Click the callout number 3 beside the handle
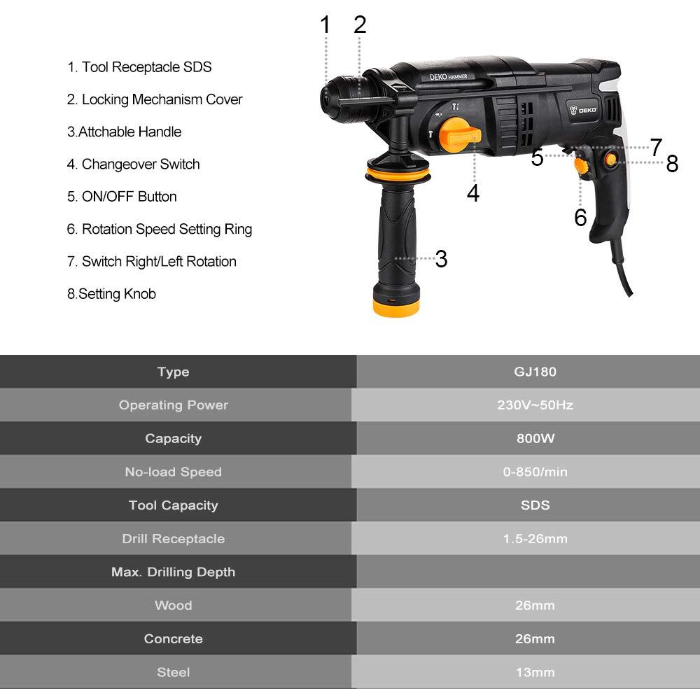pos(441,259)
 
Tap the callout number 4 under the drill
pos(473,193)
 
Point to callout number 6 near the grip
pos(580,218)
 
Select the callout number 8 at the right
pos(672,163)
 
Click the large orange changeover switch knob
pos(460,135)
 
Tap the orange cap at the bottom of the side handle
pos(396,307)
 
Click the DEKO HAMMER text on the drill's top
pos(448,77)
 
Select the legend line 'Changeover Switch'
pos(133,164)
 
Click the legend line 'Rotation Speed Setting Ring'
pos(160,230)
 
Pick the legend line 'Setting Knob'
pos(111,294)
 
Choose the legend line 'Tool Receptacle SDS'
pos(139,67)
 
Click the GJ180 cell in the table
pos(535,372)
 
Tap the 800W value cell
pos(535,438)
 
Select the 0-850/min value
pos(535,472)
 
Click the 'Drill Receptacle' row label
pos(173,539)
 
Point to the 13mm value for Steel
pos(535,672)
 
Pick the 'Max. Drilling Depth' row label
pos(173,573)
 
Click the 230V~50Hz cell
pos(535,405)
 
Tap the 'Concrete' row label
pos(173,639)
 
